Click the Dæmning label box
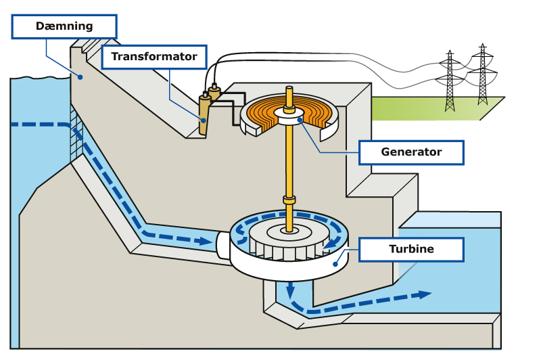pos(64,26)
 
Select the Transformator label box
pos(154,57)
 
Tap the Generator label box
pos(411,152)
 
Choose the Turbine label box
pos(411,249)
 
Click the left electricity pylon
pos(450,81)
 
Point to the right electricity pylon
pos(482,74)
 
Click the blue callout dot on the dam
pos(80,77)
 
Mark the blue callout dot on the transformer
pos(204,120)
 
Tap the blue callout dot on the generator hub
pos(300,120)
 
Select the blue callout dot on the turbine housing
pos(335,264)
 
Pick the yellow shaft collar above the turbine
pos(289,200)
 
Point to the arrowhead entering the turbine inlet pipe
pos(206,241)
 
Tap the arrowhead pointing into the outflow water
pos(425,294)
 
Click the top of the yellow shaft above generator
pos(289,89)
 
